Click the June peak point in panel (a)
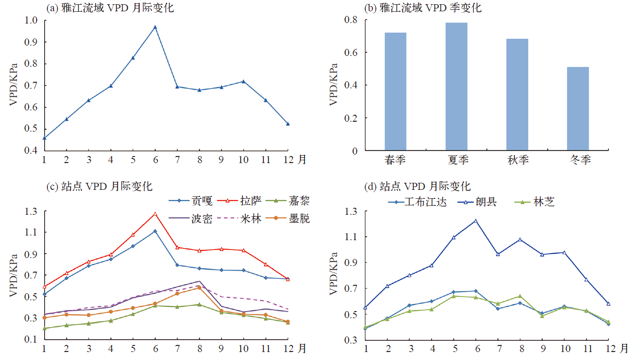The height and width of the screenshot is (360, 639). pyautogui.click(x=155, y=27)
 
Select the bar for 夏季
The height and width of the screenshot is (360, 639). pyautogui.click(x=456, y=86)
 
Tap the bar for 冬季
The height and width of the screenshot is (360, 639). pyautogui.click(x=578, y=109)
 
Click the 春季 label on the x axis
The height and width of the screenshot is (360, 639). pyautogui.click(x=395, y=160)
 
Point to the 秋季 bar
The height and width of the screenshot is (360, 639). pyautogui.click(x=517, y=94)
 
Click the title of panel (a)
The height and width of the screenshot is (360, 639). pyautogui.click(x=110, y=8)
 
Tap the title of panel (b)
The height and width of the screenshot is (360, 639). pyautogui.click(x=423, y=8)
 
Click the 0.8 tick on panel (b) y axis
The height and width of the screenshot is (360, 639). pyautogui.click(x=351, y=20)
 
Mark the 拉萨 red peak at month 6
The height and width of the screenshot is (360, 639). pyautogui.click(x=155, y=214)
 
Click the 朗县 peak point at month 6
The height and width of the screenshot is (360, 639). pyautogui.click(x=476, y=221)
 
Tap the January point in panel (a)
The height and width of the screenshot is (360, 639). pyautogui.click(x=44, y=138)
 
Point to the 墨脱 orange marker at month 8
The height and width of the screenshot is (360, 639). pyautogui.click(x=199, y=288)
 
